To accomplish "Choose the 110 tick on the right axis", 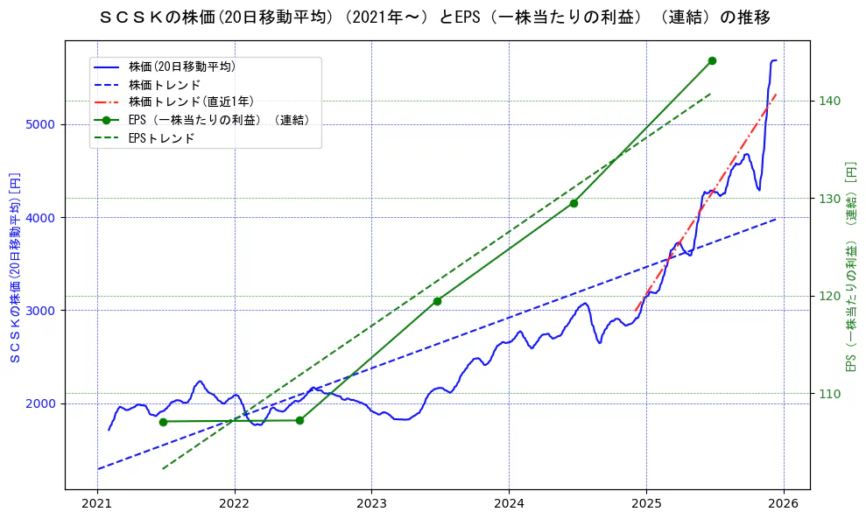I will (830, 394).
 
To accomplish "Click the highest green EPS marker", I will (712, 60).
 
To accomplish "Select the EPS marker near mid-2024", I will (574, 203).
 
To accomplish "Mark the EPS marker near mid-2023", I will (437, 301).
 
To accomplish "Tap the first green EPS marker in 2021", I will (163, 422).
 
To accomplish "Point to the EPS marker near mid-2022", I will (299, 420).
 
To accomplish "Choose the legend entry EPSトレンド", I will (161, 138).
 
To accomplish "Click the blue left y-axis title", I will (14, 266).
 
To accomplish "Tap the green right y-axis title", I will (849, 266).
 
